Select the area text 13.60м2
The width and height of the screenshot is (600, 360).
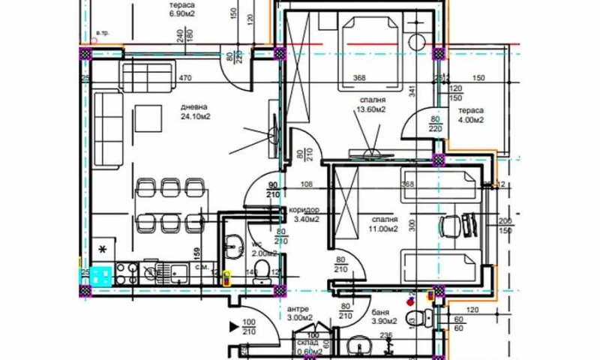371,109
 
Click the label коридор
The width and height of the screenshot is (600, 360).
302,211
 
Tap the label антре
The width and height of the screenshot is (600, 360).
298,308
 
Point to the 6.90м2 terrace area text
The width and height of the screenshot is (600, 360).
181,13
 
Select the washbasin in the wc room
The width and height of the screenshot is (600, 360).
232,244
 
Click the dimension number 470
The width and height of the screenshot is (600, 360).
186,76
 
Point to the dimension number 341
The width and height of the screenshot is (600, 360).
412,92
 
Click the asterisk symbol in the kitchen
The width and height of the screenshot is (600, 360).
103,248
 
